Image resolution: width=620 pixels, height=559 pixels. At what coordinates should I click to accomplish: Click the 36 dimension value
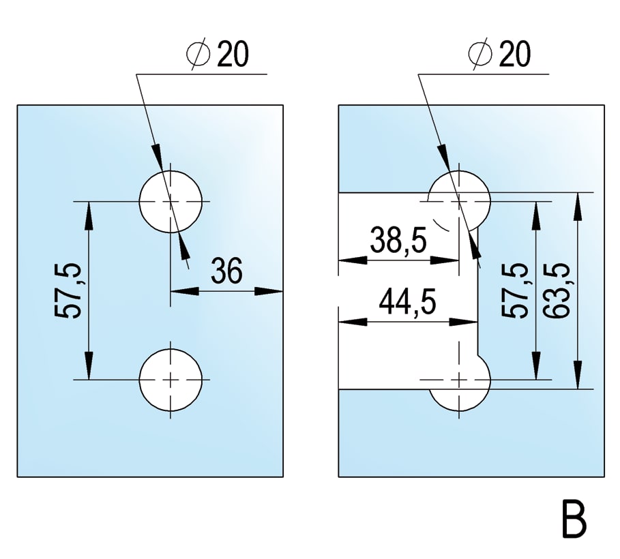click(226, 271)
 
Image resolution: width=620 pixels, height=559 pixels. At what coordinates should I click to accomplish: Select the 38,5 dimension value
click(398, 241)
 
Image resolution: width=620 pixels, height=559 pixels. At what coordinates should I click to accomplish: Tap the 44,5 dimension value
click(407, 302)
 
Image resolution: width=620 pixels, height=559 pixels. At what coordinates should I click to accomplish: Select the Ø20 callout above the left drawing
click(217, 55)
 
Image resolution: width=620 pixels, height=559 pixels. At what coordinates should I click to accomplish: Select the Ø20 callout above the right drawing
click(500, 54)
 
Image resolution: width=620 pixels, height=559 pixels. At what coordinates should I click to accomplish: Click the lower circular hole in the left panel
click(171, 379)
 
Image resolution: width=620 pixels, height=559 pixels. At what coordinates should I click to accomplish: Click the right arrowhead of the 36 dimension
click(272, 291)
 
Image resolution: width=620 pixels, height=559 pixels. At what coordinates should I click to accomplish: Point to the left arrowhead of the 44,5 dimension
click(349, 320)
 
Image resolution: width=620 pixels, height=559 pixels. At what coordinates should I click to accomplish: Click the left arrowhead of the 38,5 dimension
click(349, 260)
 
